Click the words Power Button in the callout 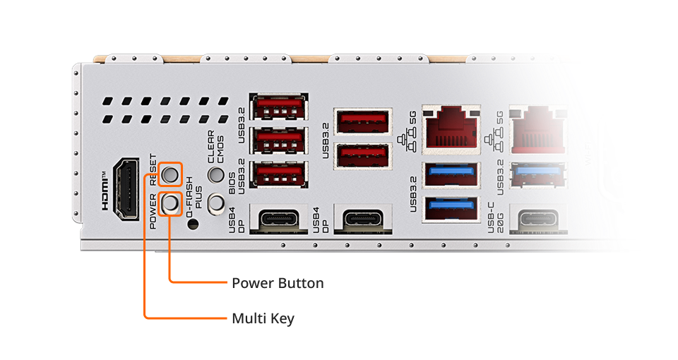(x=278, y=283)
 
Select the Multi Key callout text (x=263, y=318)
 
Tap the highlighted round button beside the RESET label (x=170, y=173)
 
